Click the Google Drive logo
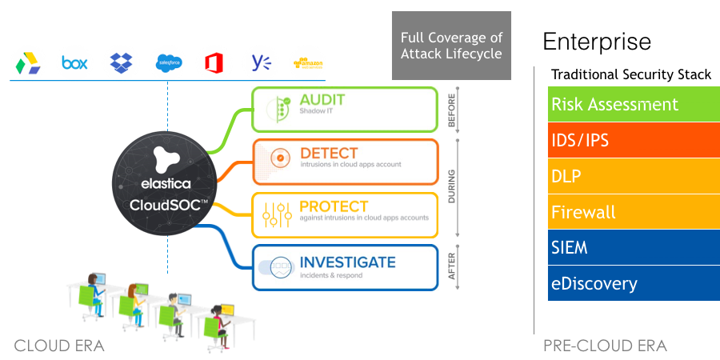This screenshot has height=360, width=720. click(29, 62)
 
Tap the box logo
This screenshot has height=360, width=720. click(74, 62)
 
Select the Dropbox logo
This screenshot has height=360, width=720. click(122, 62)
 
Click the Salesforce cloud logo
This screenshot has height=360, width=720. click(169, 62)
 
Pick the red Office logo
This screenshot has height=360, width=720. click(214, 62)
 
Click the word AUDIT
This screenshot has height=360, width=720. click(322, 99)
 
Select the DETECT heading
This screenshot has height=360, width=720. click(329, 153)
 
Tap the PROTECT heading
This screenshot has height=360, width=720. click(334, 206)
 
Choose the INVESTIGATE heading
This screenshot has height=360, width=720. click(347, 262)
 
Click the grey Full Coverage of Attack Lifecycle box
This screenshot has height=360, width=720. click(451, 46)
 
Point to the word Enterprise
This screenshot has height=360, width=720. click(597, 42)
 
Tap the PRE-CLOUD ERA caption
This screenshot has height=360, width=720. click(605, 346)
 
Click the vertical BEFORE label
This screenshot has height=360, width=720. click(451, 110)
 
